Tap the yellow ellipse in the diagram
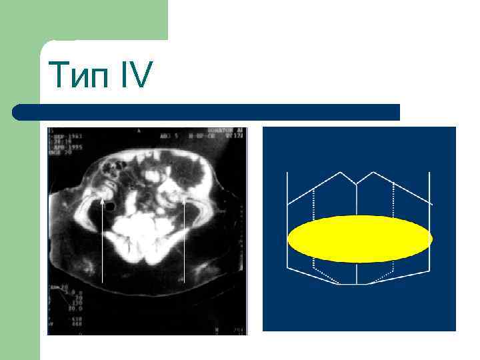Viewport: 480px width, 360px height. coord(360,238)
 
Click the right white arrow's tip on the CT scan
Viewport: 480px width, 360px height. coord(183,198)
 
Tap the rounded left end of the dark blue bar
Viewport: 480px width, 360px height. coord(19,112)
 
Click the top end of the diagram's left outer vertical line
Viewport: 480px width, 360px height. coord(287,173)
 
